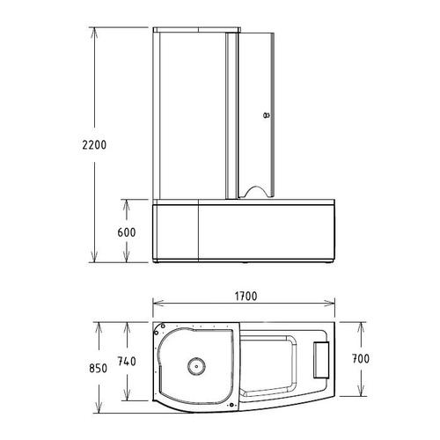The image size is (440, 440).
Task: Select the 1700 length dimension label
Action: (x=245, y=297)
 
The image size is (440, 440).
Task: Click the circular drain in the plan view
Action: (x=194, y=365)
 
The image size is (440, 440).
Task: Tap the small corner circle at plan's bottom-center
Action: (x=232, y=404)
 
